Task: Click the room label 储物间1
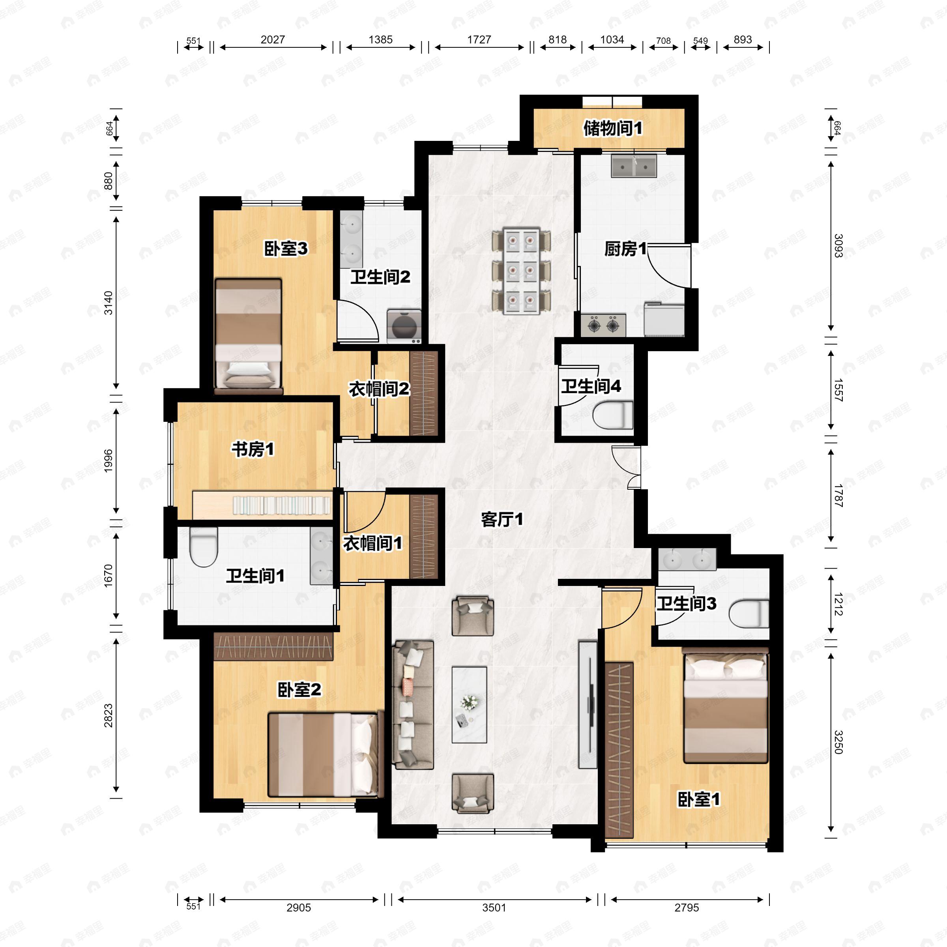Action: [x=612, y=128]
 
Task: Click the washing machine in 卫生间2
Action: [x=404, y=326]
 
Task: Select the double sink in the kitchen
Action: [x=634, y=165]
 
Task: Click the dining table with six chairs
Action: [x=521, y=271]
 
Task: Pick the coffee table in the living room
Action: [x=469, y=704]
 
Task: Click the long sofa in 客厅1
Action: [x=413, y=704]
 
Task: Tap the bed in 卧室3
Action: [x=249, y=336]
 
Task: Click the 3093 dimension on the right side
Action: [x=838, y=246]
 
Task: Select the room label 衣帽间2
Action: [x=379, y=389]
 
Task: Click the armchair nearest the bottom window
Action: [x=473, y=794]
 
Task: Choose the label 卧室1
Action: [x=698, y=799]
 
